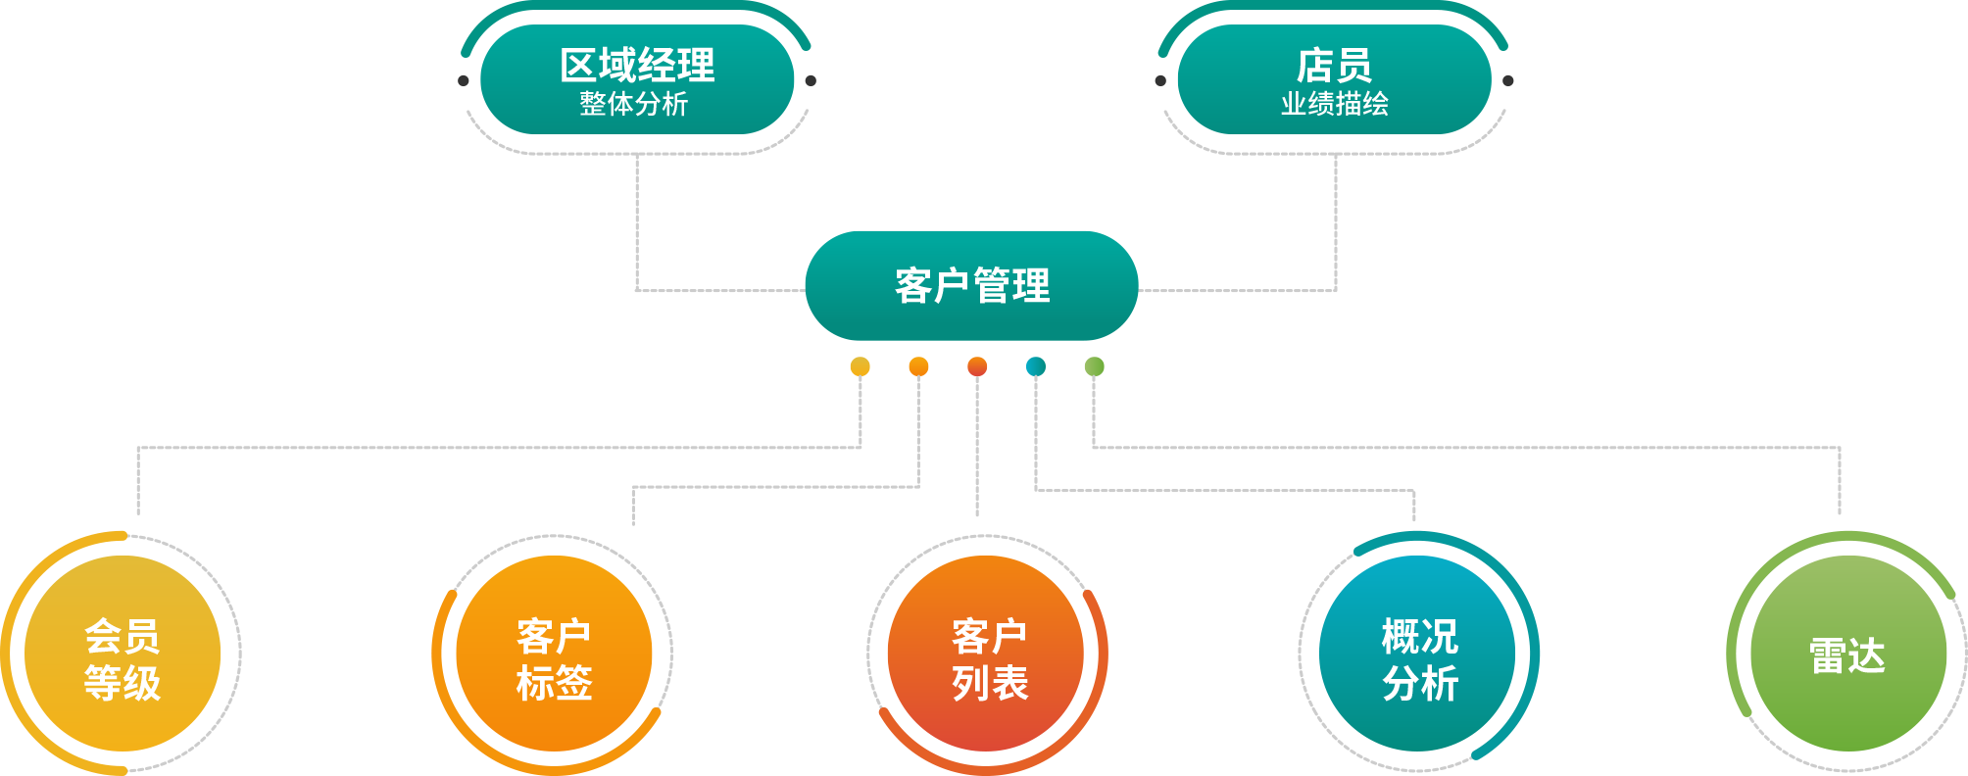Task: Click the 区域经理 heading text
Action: point(637,65)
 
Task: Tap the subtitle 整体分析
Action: point(634,104)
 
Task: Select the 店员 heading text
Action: point(1334,65)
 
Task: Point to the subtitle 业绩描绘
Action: point(1334,104)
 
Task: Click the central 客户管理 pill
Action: point(971,286)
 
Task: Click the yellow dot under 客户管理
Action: point(860,366)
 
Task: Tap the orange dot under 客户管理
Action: point(918,366)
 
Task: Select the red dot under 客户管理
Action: point(977,366)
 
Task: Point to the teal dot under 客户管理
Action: point(1036,366)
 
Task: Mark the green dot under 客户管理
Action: point(1094,366)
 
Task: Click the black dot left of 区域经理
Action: point(464,80)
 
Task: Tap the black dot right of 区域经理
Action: point(811,80)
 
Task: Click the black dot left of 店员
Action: point(1160,80)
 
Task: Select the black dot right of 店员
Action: point(1507,80)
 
